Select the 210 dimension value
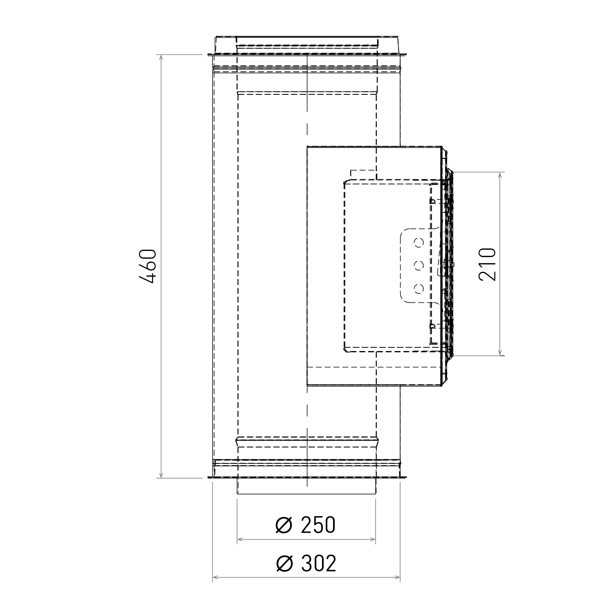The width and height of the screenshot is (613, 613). tap(487, 264)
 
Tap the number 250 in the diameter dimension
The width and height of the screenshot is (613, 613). tap(318, 525)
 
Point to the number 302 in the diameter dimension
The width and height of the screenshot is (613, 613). tap(319, 564)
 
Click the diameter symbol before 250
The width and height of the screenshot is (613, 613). tap(284, 525)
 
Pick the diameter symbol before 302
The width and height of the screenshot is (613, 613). tap(284, 564)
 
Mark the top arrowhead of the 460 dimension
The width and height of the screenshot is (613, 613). tap(162, 58)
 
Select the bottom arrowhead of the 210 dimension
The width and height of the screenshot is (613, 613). tap(500, 352)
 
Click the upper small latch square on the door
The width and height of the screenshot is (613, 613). tap(432, 201)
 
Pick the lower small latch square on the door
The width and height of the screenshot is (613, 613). tap(432, 326)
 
